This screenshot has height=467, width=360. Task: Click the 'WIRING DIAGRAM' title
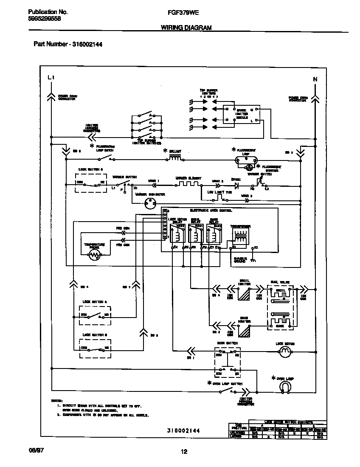186,28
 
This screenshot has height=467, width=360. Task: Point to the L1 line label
51,78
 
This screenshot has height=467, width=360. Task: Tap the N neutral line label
315,79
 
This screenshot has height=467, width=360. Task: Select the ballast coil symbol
175,158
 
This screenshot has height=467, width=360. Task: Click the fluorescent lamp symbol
247,160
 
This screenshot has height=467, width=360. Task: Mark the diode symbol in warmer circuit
237,185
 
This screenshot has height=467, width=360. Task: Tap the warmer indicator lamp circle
149,203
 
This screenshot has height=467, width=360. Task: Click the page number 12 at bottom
184,452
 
